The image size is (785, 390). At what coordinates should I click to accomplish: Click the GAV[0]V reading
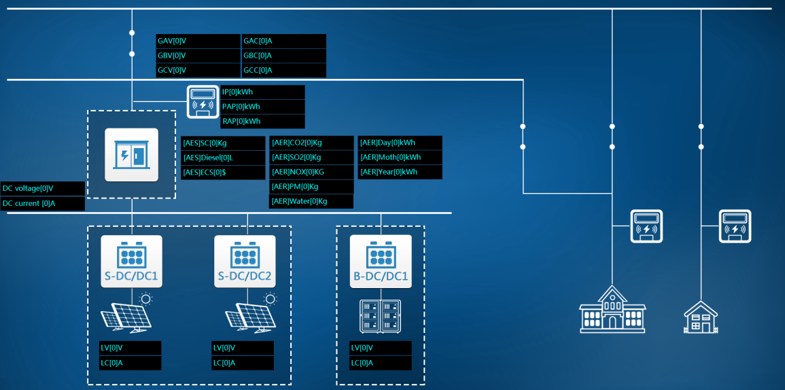click(x=198, y=41)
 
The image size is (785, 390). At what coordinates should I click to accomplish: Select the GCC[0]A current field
click(x=283, y=70)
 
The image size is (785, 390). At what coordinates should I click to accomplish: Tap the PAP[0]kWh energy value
click(x=262, y=107)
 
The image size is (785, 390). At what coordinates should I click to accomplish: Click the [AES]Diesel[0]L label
click(x=223, y=158)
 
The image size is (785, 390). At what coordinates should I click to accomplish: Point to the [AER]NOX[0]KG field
click(x=311, y=172)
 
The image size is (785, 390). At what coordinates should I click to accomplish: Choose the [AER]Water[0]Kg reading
click(x=311, y=201)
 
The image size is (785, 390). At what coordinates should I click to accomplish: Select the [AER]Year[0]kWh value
click(x=400, y=172)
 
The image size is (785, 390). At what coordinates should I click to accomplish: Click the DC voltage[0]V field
click(x=42, y=188)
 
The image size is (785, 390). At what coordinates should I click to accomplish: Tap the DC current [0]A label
click(x=42, y=203)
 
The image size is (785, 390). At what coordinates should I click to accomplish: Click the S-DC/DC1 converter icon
click(x=132, y=261)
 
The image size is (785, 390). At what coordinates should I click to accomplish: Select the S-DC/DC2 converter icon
click(x=245, y=261)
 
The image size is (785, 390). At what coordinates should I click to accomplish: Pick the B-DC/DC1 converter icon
click(x=381, y=261)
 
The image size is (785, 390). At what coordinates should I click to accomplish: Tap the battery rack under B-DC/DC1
click(x=380, y=316)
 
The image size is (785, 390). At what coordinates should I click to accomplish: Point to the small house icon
click(x=701, y=317)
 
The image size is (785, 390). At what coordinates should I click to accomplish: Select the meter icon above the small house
click(x=735, y=226)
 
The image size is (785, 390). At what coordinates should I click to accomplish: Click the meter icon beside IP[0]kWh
click(x=203, y=101)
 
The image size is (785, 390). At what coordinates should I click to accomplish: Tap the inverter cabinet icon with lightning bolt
click(x=132, y=155)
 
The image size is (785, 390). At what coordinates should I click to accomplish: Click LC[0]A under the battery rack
click(x=381, y=363)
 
